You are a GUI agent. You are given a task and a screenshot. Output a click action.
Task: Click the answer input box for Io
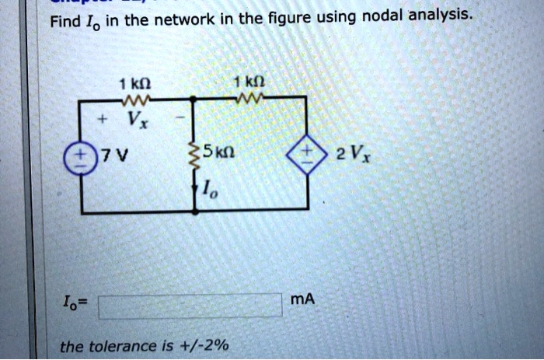click(190, 305)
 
